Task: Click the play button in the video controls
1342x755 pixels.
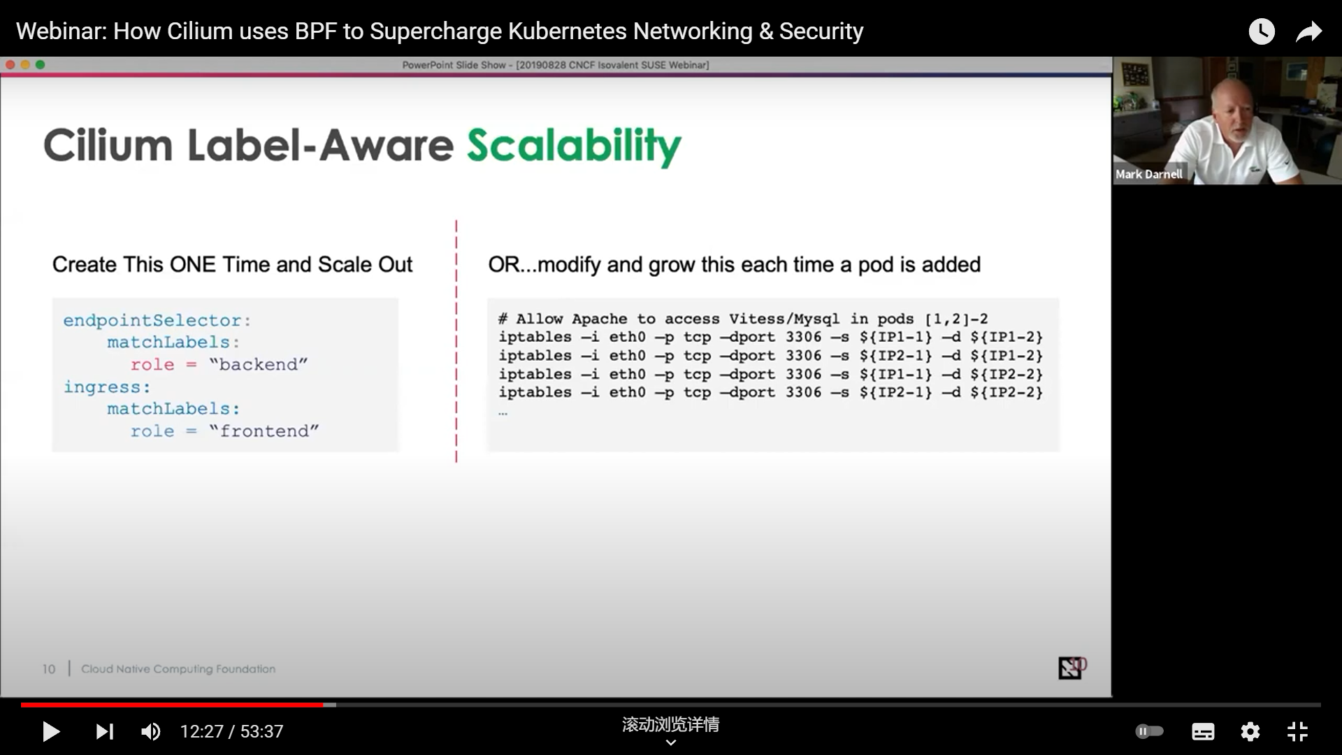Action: tap(51, 732)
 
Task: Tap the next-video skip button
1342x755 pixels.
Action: tap(105, 732)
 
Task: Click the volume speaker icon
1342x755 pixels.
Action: tap(150, 732)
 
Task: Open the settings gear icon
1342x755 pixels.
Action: tap(1250, 732)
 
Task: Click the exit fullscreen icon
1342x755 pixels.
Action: tap(1297, 732)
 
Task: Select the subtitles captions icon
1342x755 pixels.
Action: tap(1203, 732)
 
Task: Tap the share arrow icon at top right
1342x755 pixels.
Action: tap(1308, 31)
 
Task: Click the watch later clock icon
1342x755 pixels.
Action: tap(1262, 31)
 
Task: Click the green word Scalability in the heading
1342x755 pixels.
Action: tap(574, 146)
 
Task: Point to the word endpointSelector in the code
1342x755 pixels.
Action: tap(152, 320)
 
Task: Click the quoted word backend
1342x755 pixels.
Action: tap(258, 364)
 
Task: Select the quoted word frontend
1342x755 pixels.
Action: tap(264, 431)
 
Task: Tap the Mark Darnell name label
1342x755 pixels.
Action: tap(1149, 174)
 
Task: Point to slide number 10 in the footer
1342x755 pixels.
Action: tap(48, 669)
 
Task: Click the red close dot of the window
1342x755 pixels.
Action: tap(10, 64)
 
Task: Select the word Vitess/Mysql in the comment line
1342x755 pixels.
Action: tap(784, 319)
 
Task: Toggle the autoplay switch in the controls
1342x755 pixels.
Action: tap(1149, 731)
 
